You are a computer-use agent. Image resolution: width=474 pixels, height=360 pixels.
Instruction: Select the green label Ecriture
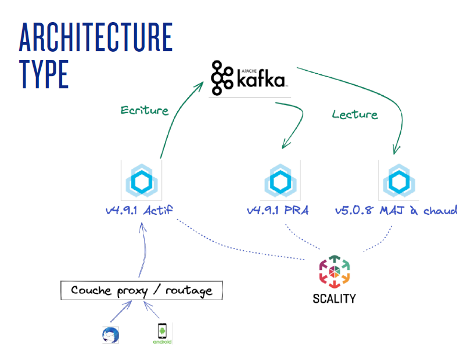144,110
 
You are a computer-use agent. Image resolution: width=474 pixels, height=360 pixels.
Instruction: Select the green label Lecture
354,114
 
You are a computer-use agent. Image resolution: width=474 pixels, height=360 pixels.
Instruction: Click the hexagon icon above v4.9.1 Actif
141,181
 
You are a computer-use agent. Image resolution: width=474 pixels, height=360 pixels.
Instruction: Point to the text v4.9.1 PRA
276,211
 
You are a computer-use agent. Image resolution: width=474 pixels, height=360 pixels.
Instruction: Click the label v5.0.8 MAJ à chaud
396,210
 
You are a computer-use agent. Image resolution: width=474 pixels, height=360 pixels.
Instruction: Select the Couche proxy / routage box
141,290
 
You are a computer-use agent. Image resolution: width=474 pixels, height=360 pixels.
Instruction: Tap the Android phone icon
162,332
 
